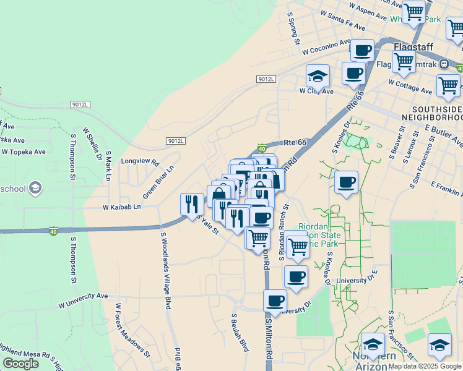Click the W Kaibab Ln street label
(x=122, y=207)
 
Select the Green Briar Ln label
(x=158, y=178)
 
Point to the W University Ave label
(x=83, y=304)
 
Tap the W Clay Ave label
(x=316, y=92)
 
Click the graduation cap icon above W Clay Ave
(x=318, y=76)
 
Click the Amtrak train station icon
(x=444, y=64)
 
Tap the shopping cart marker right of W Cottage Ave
(x=448, y=86)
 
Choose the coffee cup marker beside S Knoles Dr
(x=347, y=182)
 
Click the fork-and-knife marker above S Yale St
(x=192, y=205)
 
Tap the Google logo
(x=20, y=364)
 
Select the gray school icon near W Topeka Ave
(x=35, y=187)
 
